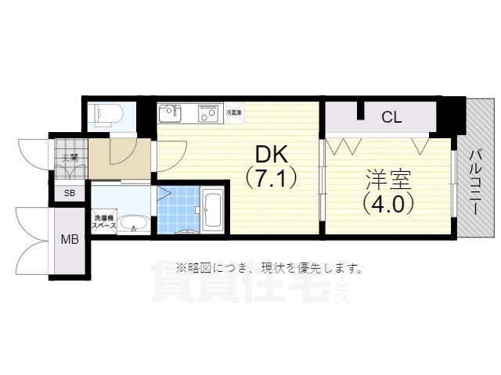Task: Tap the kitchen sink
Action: click(170, 114)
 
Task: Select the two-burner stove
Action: click(208, 114)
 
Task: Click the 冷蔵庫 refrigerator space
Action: click(233, 112)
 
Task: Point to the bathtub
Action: click(213, 209)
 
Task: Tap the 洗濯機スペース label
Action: click(103, 221)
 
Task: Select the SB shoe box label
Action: click(69, 193)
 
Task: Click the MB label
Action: click(70, 239)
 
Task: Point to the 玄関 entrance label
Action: click(69, 157)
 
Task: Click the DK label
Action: click(271, 154)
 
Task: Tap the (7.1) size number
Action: click(271, 179)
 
